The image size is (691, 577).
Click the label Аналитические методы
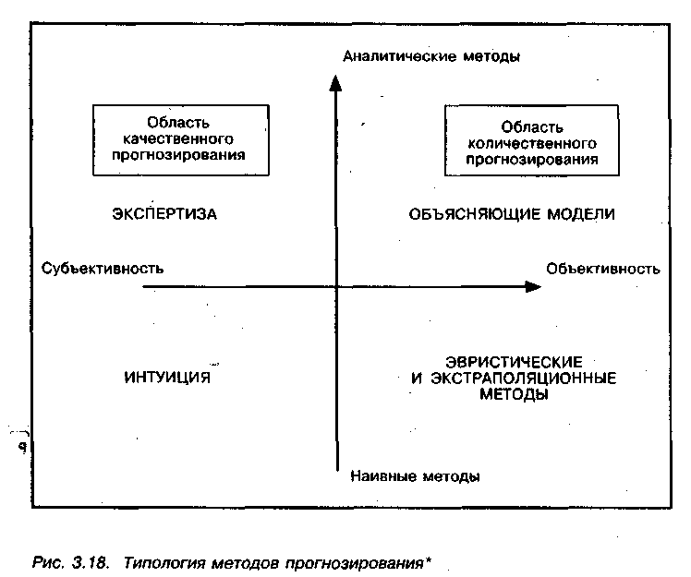pyautogui.click(x=431, y=56)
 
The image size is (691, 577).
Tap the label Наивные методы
pyautogui.click(x=416, y=477)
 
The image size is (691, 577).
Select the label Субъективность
pyautogui.click(x=103, y=269)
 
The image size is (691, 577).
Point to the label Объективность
pyautogui.click(x=602, y=269)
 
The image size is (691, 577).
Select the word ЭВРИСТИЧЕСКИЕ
pyautogui.click(x=512, y=361)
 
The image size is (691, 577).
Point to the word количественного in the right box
pyautogui.click(x=522, y=144)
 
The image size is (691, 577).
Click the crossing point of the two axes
pyautogui.click(x=336, y=287)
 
